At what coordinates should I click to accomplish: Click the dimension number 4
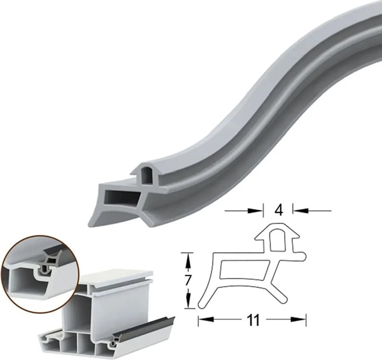(278, 210)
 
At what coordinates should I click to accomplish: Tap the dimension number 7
(187, 280)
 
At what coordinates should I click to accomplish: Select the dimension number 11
(253, 319)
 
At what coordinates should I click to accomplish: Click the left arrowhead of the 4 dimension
(256, 211)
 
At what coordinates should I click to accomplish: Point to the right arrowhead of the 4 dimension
(300, 210)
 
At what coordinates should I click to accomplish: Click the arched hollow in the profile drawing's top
(277, 240)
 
